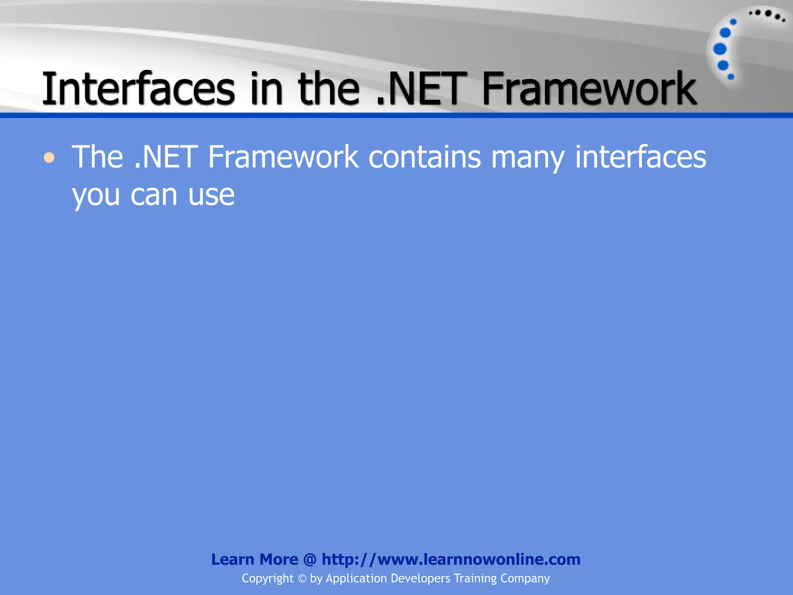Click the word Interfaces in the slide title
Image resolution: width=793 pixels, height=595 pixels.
(x=138, y=89)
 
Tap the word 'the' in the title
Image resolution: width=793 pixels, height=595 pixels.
(x=328, y=89)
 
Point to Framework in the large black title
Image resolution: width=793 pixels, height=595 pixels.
(x=589, y=89)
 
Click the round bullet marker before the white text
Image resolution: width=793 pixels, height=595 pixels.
(x=49, y=158)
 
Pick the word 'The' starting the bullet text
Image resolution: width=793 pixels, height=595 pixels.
(x=98, y=157)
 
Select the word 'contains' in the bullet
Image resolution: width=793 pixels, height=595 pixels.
(x=424, y=157)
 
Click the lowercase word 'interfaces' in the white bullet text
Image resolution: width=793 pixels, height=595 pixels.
(x=640, y=157)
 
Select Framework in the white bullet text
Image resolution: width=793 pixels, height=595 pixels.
(x=283, y=157)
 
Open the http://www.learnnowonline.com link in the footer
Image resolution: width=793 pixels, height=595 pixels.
(x=451, y=559)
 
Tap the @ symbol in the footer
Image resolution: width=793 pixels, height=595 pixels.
(x=310, y=560)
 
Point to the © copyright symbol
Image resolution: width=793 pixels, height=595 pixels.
(x=302, y=579)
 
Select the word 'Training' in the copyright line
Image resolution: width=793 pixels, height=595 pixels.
(x=475, y=578)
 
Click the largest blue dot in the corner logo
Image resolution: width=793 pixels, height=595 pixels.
(x=720, y=49)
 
